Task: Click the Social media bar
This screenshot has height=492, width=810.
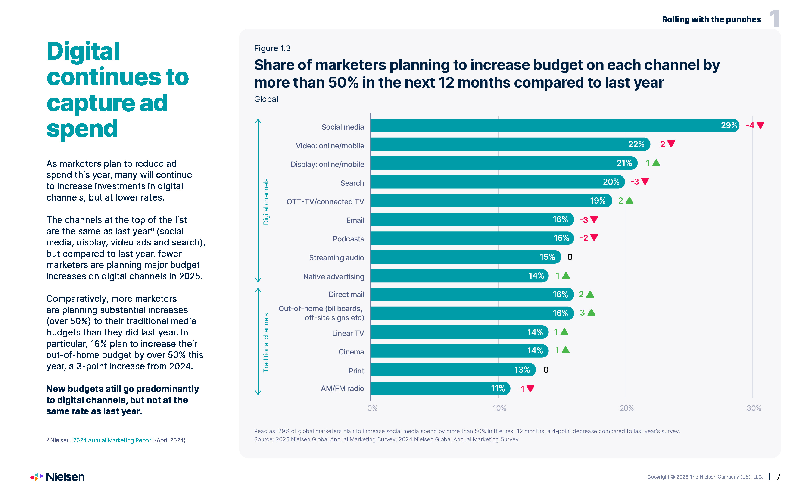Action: point(552,125)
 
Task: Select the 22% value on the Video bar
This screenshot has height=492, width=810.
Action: point(636,144)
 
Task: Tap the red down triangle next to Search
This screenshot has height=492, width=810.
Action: point(645,181)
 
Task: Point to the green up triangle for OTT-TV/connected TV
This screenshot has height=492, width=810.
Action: point(629,200)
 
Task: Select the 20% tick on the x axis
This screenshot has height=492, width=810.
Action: point(626,408)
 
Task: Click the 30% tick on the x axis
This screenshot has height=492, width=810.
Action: point(754,408)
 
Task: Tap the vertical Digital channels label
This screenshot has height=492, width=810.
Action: point(266,202)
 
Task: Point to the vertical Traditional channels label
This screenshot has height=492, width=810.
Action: point(266,343)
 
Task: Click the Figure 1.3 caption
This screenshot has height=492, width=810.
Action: point(272,48)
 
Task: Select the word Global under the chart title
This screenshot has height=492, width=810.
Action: point(266,99)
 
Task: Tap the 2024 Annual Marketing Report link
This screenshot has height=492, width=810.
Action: point(113,440)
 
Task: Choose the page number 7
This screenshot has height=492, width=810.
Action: point(778,477)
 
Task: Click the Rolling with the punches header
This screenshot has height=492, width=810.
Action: point(711,19)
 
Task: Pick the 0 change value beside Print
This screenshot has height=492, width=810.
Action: point(546,370)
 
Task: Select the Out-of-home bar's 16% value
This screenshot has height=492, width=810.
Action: point(560,313)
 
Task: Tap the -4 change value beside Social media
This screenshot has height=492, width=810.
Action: point(750,125)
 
